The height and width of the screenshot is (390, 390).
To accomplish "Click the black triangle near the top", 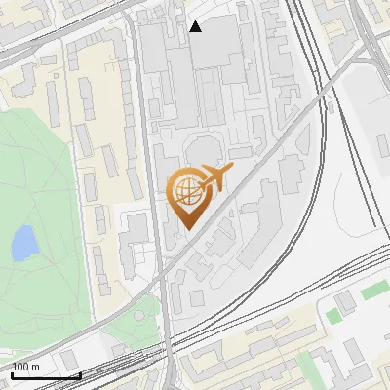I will click(196, 26).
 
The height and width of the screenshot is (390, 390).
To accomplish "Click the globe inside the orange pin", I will click(186, 190).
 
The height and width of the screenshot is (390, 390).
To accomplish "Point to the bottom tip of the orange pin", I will click(187, 229).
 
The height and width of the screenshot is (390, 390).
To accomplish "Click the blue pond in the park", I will click(23, 244).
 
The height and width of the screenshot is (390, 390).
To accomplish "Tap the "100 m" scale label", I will click(26, 367).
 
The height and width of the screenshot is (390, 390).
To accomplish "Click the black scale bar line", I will click(45, 375).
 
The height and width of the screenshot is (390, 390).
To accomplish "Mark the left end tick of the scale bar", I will click(11, 372).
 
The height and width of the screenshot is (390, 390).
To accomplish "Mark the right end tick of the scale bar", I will click(79, 372).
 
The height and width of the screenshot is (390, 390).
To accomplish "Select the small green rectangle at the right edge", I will click(374, 292).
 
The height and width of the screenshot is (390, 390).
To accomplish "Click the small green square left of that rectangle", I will click(334, 315).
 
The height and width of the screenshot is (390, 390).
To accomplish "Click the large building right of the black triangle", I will click(219, 44).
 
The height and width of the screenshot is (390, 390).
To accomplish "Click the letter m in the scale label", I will click(37, 367).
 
